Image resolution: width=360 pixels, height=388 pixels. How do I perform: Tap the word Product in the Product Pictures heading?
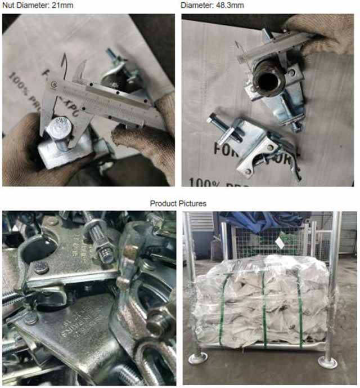coord(163,203)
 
